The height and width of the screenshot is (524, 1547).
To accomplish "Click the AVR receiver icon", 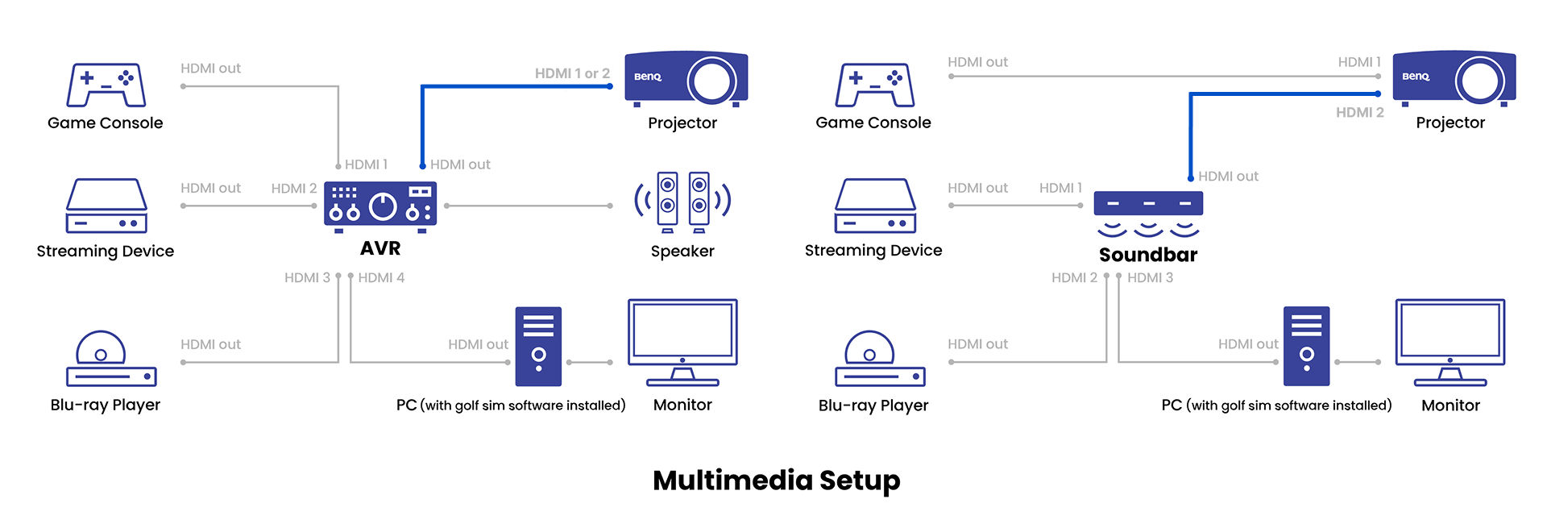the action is (380, 206).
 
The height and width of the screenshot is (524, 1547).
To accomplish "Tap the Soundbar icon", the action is (1148, 214).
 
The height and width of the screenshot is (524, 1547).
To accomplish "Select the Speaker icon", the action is (682, 202).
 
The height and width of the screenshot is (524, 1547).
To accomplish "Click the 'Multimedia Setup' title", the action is (776, 480).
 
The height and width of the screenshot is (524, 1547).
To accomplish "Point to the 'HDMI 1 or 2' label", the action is (572, 73).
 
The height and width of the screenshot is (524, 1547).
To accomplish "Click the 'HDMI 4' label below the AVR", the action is (381, 277).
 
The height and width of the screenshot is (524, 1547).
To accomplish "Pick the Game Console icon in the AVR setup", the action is (106, 85).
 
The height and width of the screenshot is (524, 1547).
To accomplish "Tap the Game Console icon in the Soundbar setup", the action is (874, 85).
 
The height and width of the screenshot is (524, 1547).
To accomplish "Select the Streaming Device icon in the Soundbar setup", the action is (875, 206).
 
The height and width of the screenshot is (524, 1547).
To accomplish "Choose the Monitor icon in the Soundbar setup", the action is (1450, 343).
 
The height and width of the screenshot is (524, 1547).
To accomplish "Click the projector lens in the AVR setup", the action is (711, 81).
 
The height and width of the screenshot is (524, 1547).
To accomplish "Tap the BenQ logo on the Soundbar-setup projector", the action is (1416, 77).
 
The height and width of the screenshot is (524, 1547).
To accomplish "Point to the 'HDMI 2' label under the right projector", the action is (1360, 113).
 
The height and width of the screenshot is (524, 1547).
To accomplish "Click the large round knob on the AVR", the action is (383, 206).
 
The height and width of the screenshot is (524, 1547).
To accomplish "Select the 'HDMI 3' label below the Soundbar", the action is (1150, 277).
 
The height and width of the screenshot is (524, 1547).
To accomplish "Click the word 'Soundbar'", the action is (1148, 255).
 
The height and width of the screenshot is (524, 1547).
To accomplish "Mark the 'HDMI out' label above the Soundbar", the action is (1228, 176).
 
